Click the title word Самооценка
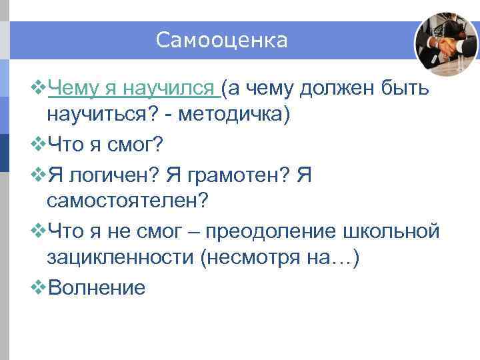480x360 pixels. point(222,41)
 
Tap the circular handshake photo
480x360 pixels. point(446,44)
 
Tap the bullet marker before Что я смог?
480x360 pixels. point(39,143)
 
